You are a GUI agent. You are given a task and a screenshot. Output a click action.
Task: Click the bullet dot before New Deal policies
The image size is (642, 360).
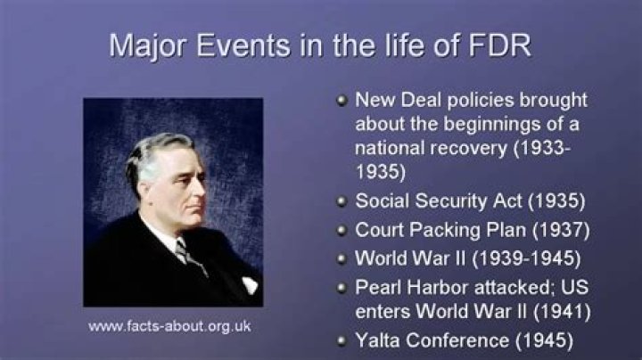point(342,100)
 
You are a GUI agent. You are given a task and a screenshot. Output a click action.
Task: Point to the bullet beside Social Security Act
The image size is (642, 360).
point(342,200)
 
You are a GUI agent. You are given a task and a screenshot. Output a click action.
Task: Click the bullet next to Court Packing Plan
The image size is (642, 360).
point(342,230)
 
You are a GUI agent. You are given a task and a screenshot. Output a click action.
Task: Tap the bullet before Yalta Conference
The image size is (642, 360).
point(342,340)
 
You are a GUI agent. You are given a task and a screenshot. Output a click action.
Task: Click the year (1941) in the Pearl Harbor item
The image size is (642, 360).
point(559,312)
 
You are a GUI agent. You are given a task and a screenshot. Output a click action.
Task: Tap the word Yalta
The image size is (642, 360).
point(379,340)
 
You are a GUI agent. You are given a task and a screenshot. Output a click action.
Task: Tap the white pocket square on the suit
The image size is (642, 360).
point(249,284)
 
